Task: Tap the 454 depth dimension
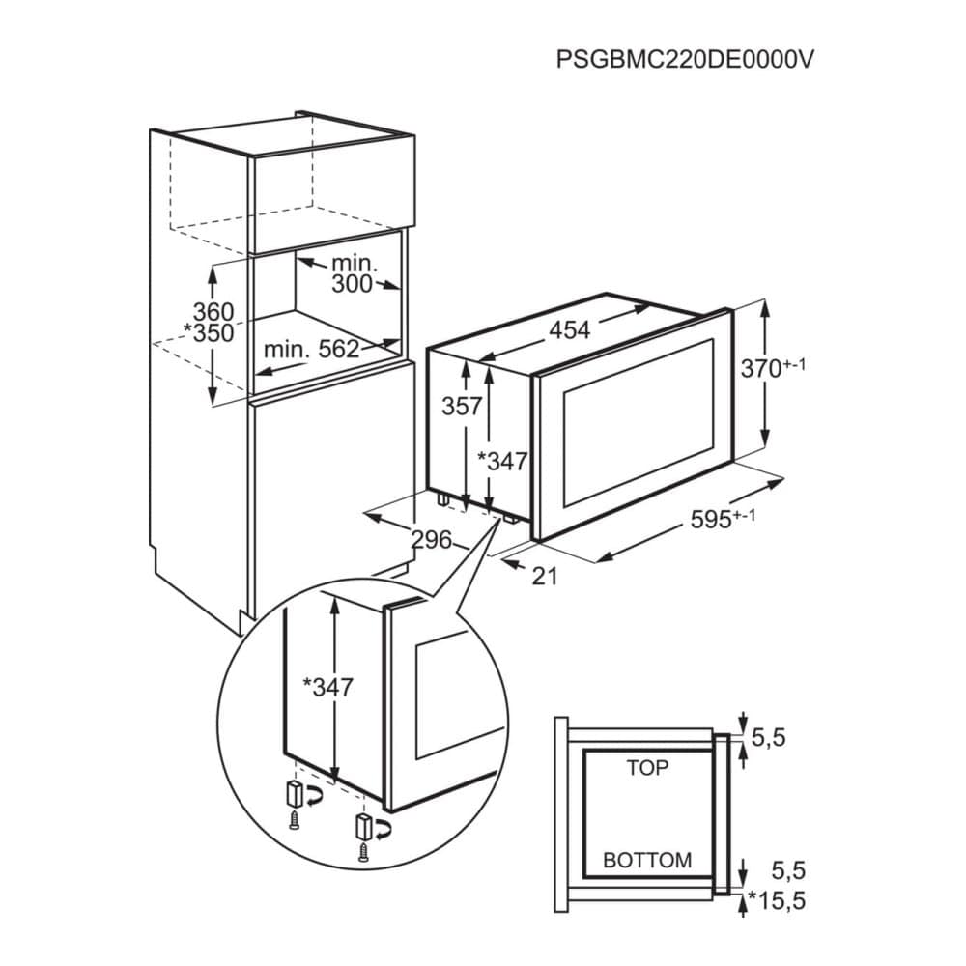[569, 330]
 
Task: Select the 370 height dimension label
[773, 369]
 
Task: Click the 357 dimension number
[461, 407]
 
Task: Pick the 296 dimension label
[431, 541]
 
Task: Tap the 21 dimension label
[546, 577]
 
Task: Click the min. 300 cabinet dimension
[354, 273]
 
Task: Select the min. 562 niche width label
[311, 349]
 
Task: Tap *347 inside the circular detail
[327, 688]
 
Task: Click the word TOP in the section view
[647, 768]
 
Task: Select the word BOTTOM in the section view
[647, 859]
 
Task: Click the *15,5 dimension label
[778, 901]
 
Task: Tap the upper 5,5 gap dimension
[769, 739]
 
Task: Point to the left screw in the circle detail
[294, 822]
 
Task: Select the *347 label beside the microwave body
[503, 462]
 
